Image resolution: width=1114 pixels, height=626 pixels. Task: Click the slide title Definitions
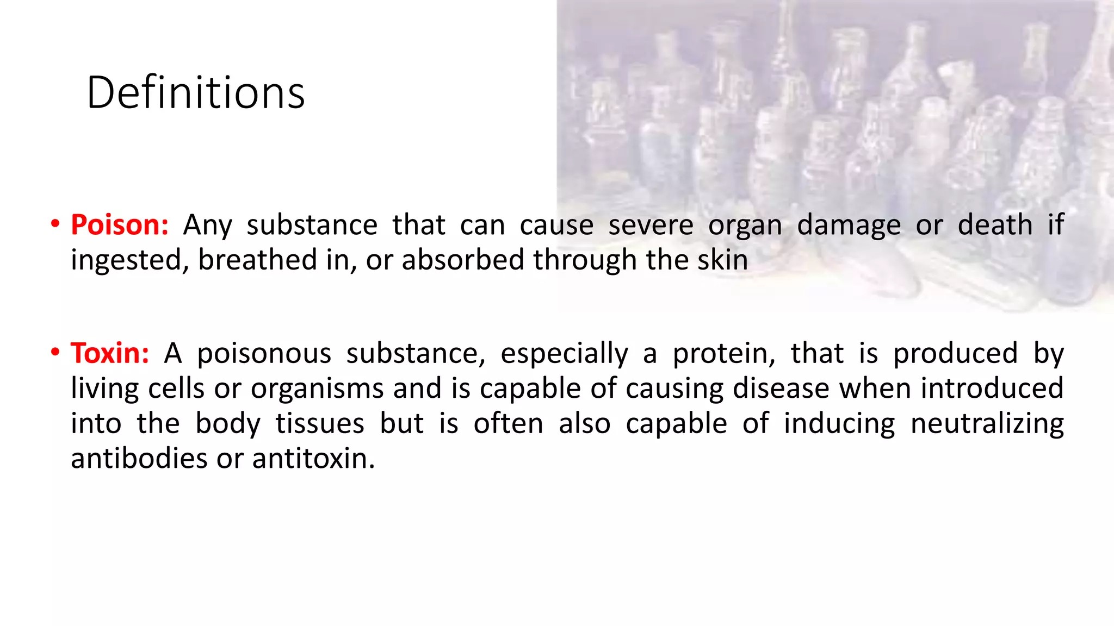[x=195, y=93]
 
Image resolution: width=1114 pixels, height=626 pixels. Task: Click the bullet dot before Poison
[x=55, y=224]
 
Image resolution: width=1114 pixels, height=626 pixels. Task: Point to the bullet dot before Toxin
[x=55, y=352]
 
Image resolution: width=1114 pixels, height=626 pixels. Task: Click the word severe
[x=651, y=225]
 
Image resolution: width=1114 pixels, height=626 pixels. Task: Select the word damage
[x=849, y=225]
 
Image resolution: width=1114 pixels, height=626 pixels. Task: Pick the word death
[x=995, y=225]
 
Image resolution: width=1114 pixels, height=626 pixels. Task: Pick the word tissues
[x=319, y=424]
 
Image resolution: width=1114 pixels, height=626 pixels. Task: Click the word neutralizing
[x=987, y=424]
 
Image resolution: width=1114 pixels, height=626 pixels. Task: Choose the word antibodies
[x=139, y=459]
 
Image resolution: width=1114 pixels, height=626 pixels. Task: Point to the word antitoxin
[x=313, y=459]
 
